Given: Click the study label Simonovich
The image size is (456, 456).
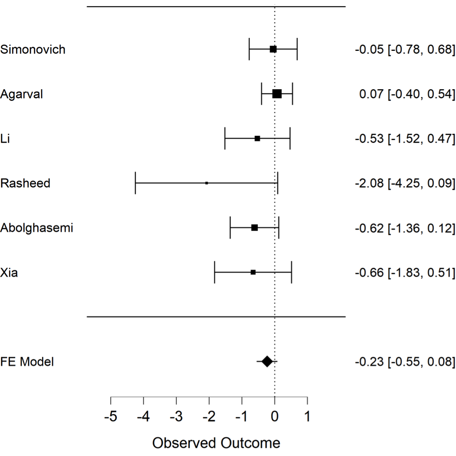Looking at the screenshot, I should coord(33,50).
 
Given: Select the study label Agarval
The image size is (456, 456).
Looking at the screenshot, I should coord(21,94).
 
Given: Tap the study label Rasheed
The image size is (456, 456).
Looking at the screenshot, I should coord(25,183).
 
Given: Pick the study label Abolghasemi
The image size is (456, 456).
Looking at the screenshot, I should coord(37,228).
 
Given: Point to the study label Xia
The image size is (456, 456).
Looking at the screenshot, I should coord(9,273).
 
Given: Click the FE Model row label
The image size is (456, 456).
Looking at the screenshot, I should coord(27,361).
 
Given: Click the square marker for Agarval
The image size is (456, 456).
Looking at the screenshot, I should coord(277,94).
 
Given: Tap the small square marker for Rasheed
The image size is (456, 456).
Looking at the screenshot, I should coord(207,183).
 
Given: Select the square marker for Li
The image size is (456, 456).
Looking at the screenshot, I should coord(257,138).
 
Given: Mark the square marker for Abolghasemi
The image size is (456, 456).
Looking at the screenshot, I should coord(255,228).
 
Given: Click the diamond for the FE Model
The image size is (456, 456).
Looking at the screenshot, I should coord(267,361).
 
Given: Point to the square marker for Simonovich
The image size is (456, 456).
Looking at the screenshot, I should coord(273,49).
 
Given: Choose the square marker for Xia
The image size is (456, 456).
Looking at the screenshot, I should coord(253,272).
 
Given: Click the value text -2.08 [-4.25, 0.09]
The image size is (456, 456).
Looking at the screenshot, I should coord(405,183).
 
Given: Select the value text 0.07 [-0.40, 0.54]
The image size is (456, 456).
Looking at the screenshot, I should coord(407,94).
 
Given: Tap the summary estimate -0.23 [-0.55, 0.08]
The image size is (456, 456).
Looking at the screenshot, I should coord(405,361).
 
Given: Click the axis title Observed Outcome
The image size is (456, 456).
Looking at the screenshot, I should coord(216,443).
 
